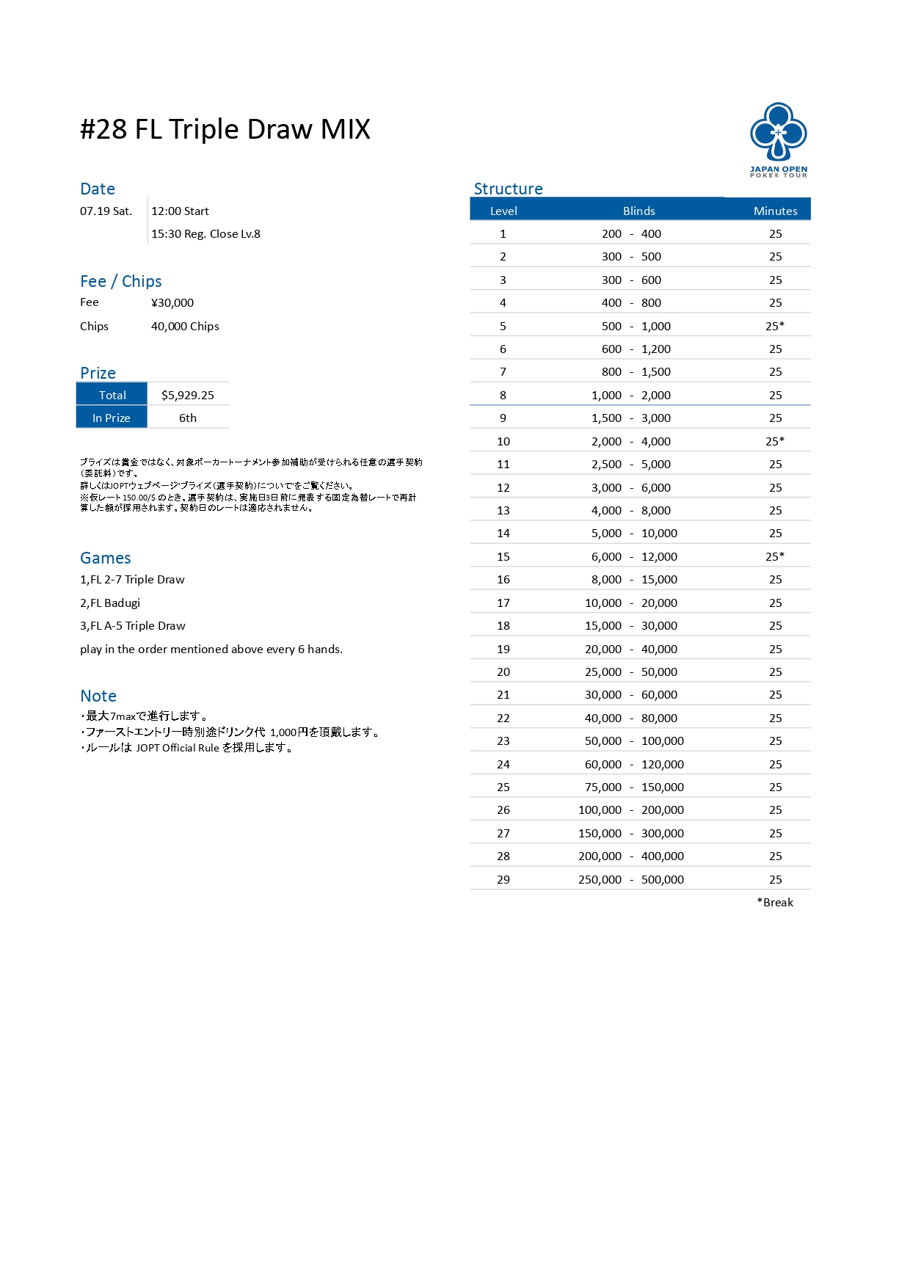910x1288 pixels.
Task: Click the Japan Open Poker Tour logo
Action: point(778,139)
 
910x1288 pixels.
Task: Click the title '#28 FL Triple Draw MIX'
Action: point(225,129)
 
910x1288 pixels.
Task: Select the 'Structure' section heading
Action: point(508,189)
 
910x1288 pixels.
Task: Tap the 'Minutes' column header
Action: point(775,211)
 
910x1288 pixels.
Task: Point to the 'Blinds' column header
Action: point(638,211)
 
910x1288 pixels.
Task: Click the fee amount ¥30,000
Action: point(172,302)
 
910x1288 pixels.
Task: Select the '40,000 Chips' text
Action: point(185,326)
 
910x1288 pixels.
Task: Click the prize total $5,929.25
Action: point(188,395)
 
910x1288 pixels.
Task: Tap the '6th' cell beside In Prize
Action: point(188,418)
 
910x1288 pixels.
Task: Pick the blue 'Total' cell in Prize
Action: point(112,395)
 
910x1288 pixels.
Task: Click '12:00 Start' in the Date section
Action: point(180,211)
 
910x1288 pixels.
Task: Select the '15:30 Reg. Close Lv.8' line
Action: point(205,233)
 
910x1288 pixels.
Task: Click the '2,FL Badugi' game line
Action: point(110,603)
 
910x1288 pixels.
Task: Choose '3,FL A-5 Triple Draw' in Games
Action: point(133,625)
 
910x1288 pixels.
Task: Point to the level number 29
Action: point(503,879)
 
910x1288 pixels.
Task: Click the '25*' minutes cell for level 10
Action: point(775,441)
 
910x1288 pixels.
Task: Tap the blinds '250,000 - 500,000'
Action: point(631,879)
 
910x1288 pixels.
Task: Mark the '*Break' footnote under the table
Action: point(775,902)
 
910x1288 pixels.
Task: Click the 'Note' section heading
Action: point(98,696)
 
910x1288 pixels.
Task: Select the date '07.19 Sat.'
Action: point(106,211)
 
